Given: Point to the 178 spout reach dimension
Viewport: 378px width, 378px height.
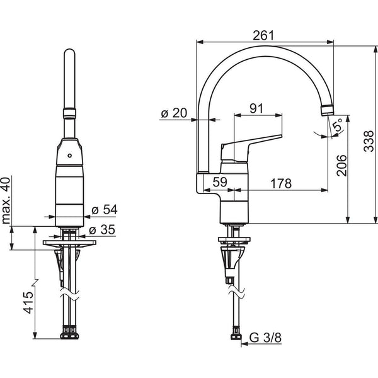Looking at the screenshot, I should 281,183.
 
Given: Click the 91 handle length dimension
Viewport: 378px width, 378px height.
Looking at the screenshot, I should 256,108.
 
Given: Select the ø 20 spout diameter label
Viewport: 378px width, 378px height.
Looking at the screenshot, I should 175,113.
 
